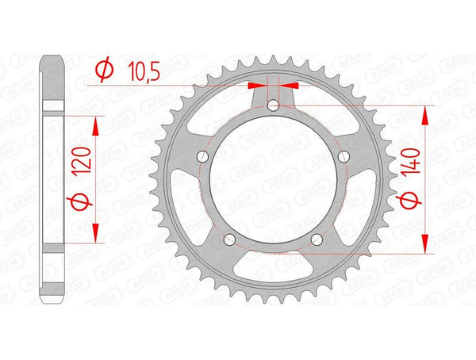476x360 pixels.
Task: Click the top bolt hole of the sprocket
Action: tap(273, 105)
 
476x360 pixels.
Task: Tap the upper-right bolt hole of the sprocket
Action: tap(344, 156)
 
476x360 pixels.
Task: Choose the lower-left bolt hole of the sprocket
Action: tap(229, 239)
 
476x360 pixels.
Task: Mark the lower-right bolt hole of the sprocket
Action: tap(317, 239)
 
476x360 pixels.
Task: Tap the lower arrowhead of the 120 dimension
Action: tap(96, 233)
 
